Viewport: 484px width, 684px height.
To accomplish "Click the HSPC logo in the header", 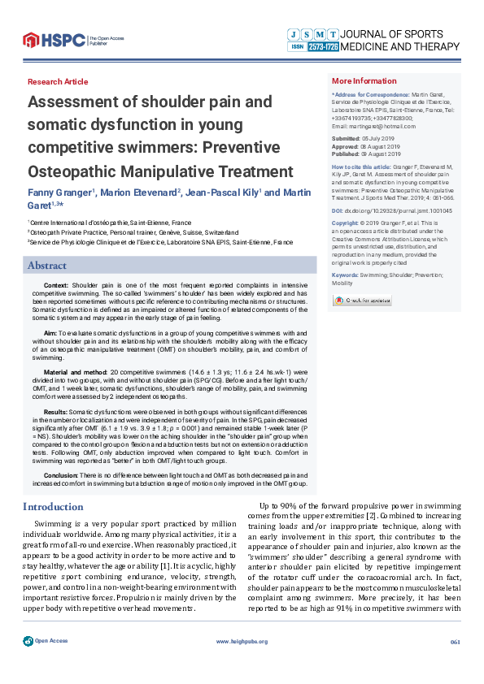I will coord(54,38).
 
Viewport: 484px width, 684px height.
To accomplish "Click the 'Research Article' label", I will coord(58,82).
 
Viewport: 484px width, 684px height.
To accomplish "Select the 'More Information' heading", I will coord(364,81).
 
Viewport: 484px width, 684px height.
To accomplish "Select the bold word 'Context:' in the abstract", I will coord(56,286).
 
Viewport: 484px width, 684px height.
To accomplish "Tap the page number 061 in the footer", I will coord(456,665).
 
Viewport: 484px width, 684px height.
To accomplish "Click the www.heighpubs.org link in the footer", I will coord(242,665).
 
